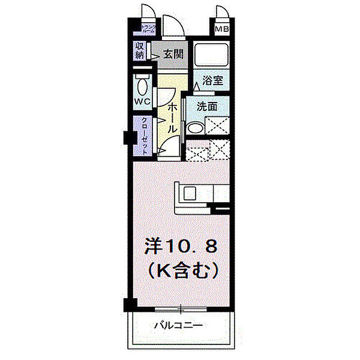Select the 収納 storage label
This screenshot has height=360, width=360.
tap(140, 51)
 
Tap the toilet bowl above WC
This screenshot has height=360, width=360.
tap(142, 83)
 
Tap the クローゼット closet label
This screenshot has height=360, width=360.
tap(145, 136)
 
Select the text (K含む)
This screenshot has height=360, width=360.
tap(179, 271)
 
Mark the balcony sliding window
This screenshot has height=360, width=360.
tap(179, 310)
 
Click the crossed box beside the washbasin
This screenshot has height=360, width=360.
tap(218, 125)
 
